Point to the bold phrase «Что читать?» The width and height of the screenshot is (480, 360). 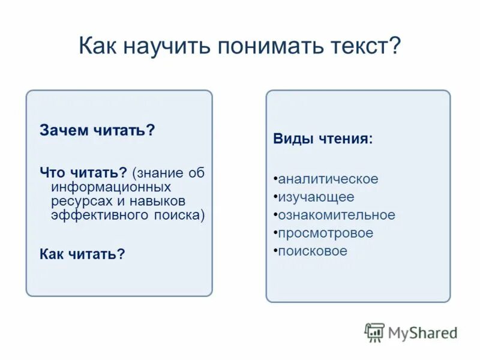click(x=83, y=173)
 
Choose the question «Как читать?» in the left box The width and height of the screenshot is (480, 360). click(x=82, y=254)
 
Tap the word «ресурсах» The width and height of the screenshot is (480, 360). click(x=79, y=202)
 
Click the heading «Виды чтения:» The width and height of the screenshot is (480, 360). click(x=323, y=139)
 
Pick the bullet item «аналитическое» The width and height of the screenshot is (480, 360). click(x=328, y=179)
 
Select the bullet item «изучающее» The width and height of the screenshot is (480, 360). click(x=316, y=197)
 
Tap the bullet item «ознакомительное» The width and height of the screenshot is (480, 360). click(x=336, y=215)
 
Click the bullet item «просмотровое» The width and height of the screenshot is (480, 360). click(x=325, y=233)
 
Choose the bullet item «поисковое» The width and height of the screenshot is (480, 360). click(x=312, y=251)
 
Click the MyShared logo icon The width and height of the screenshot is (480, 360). click(x=374, y=332)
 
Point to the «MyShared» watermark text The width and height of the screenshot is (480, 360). click(x=422, y=332)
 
